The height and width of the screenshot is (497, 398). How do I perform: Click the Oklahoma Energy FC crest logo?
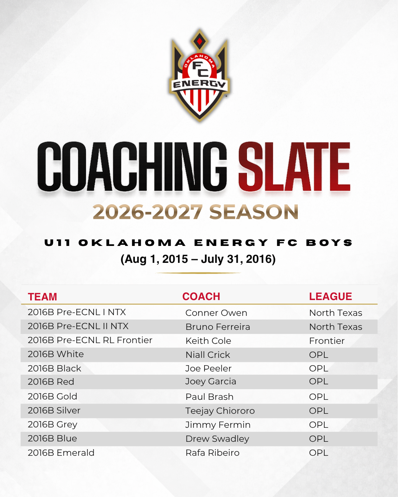(199, 75)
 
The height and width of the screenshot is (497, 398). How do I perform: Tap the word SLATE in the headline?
(294, 166)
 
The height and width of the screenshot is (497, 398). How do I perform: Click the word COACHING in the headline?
(132, 166)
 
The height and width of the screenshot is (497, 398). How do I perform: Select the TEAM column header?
(42, 297)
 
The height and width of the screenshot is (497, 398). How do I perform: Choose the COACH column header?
(201, 296)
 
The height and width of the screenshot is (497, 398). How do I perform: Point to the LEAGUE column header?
(331, 296)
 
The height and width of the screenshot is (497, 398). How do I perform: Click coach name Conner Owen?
(216, 313)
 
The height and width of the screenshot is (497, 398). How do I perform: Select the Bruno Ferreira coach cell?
(218, 327)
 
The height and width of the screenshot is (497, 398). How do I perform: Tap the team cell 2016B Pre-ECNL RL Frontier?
(90, 340)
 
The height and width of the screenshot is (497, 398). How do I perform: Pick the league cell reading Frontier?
(327, 341)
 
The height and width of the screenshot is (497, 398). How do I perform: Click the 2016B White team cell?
(56, 354)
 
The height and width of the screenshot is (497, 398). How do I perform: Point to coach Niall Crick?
(208, 355)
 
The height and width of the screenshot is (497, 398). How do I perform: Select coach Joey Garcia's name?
(211, 382)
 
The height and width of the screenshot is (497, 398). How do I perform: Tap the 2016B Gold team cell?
(52, 396)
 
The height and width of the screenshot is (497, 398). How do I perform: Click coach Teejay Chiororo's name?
(220, 411)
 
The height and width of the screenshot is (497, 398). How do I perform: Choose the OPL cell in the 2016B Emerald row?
(319, 453)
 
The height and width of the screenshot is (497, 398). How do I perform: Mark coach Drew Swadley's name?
(217, 439)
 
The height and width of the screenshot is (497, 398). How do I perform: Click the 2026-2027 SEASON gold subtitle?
(195, 212)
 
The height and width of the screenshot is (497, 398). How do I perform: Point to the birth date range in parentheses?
(198, 259)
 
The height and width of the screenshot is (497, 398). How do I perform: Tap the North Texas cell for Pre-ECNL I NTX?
(336, 313)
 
